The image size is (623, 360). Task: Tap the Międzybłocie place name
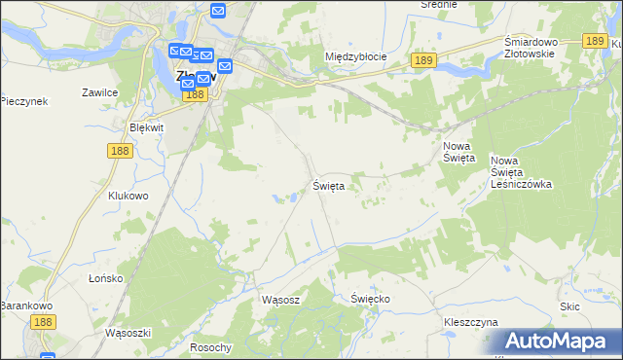pyautogui.click(x=355, y=56)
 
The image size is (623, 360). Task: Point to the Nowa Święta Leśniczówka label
pyautogui.click(x=521, y=171)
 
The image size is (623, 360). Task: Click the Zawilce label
pyautogui.click(x=100, y=92)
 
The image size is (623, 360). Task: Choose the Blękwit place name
pyautogui.click(x=148, y=127)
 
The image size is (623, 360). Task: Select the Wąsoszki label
pyautogui.click(x=127, y=332)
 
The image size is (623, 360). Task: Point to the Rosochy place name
pyautogui.click(x=211, y=347)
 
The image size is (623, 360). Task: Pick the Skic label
pyautogui.click(x=570, y=306)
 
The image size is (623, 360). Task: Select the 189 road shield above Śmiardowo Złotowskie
pyautogui.click(x=596, y=41)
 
